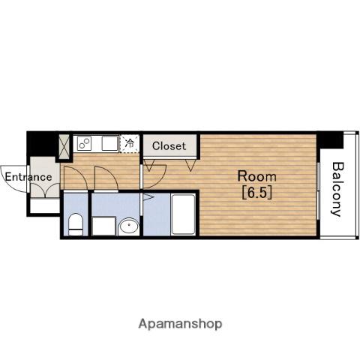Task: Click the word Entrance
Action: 28,177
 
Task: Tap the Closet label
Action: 169,146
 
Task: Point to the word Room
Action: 257,176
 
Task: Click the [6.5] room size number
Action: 257,193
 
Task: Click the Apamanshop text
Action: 180,324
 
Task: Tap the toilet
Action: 76,224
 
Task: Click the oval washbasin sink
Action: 129,226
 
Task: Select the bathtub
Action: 184,214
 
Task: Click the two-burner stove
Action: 84,143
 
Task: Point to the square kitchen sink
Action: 109,143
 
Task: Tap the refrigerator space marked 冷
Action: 129,143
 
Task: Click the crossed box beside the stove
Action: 63,147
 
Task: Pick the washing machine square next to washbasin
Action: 103,226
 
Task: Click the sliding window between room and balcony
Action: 319,190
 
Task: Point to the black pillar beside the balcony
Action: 330,140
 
